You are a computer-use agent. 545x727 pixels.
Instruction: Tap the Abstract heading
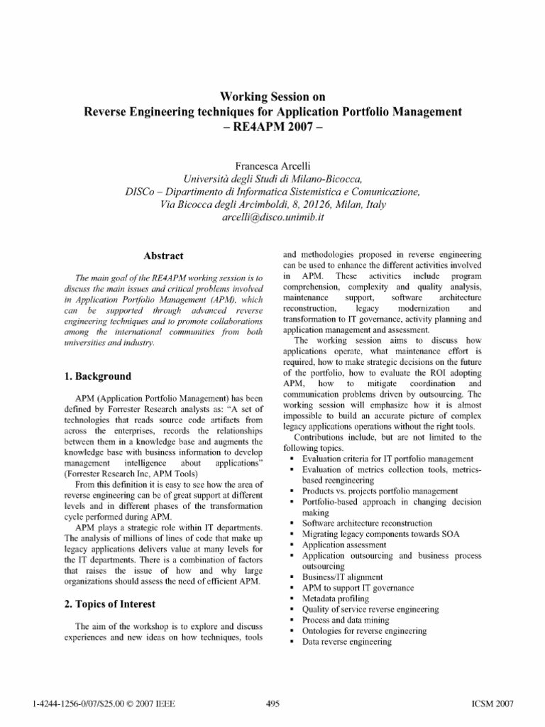pos(164,256)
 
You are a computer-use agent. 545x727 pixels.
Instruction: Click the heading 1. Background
pos(97,376)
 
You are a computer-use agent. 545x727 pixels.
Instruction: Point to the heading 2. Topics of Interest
pos(110,603)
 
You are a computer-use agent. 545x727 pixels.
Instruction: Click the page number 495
pos(272,704)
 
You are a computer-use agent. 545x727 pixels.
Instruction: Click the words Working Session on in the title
pos(273,96)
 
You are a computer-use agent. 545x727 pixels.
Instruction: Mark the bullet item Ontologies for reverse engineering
pos(362,630)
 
